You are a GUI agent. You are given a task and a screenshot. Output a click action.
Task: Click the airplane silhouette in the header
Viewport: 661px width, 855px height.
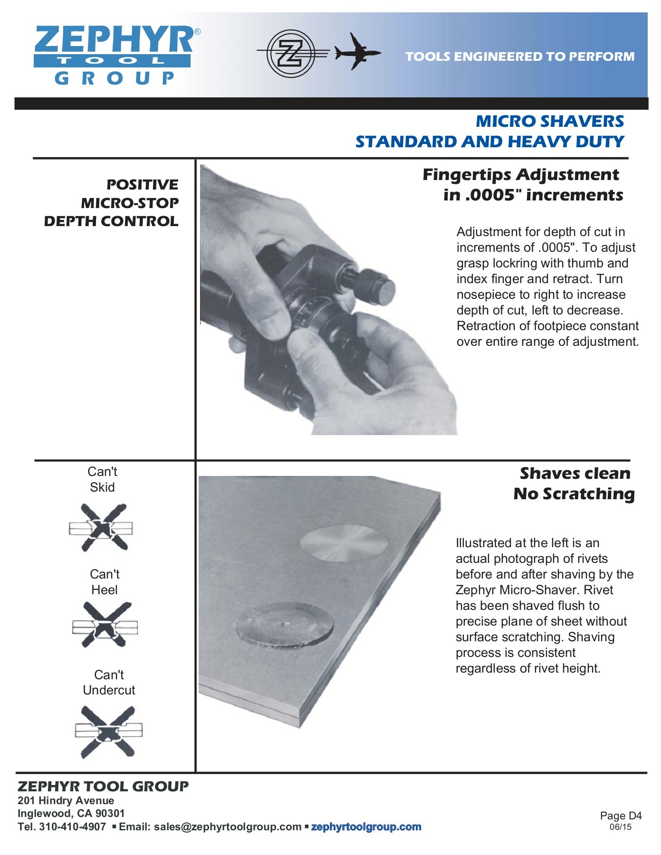pyautogui.click(x=357, y=51)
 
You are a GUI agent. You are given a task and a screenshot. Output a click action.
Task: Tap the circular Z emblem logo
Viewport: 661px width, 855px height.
pyautogui.click(x=291, y=53)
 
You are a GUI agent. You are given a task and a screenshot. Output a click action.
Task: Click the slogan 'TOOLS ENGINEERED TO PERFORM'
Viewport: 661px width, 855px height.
pyautogui.click(x=520, y=57)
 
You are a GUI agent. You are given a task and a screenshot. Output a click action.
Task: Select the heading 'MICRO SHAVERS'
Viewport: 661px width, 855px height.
pyautogui.click(x=550, y=121)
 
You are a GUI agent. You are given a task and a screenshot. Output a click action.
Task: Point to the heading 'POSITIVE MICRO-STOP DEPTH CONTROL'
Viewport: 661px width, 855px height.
pyautogui.click(x=111, y=203)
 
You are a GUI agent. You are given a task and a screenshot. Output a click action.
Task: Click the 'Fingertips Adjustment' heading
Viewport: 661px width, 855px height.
pyautogui.click(x=521, y=174)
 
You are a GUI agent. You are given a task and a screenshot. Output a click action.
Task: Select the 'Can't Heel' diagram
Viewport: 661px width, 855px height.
pyautogui.click(x=105, y=625)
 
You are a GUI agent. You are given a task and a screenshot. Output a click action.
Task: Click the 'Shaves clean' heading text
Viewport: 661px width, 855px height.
pyautogui.click(x=575, y=473)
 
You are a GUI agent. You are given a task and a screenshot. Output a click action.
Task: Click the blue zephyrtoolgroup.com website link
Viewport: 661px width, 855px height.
pyautogui.click(x=366, y=827)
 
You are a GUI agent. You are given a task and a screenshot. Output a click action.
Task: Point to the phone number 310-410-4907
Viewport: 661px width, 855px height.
pyautogui.click(x=72, y=827)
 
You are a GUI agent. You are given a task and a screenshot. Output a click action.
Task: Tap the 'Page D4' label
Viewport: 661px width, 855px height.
pyautogui.click(x=621, y=816)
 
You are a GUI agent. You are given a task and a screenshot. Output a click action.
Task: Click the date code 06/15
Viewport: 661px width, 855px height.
pyautogui.click(x=621, y=827)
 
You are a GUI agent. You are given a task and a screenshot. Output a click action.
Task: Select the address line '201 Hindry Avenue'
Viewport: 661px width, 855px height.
pyautogui.click(x=66, y=800)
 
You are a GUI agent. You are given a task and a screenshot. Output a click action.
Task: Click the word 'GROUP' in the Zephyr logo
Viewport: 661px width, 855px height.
pyautogui.click(x=115, y=78)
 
